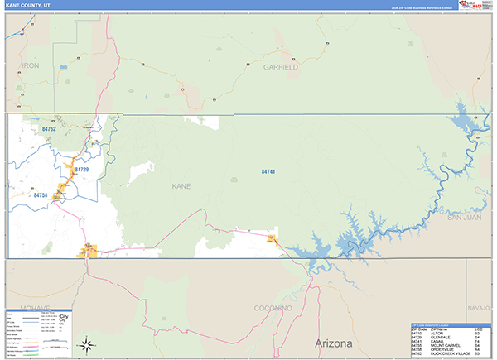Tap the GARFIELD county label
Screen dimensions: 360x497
(281, 66)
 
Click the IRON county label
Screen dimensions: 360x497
(31, 65)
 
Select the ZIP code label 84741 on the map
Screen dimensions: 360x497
(268, 171)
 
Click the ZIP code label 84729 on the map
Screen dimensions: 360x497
(80, 170)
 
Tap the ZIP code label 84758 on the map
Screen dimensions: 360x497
(41, 195)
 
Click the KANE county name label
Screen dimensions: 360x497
(181, 186)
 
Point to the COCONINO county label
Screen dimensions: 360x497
(273, 308)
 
